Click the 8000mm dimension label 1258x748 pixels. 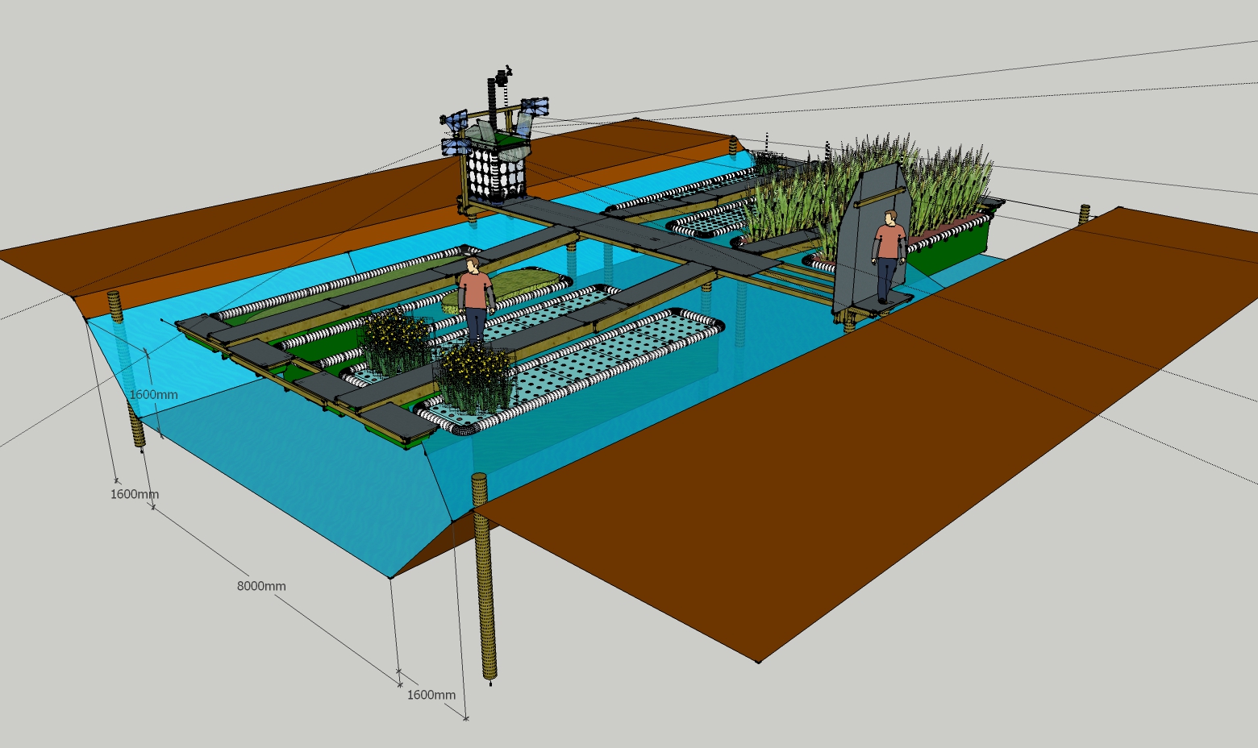(x=261, y=586)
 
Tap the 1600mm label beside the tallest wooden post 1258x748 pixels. (x=431, y=695)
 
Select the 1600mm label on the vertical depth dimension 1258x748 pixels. (x=153, y=394)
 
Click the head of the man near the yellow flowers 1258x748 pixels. (x=473, y=264)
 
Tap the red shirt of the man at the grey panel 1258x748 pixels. (x=889, y=241)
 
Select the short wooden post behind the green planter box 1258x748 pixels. (x=1085, y=214)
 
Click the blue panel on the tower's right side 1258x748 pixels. (x=535, y=106)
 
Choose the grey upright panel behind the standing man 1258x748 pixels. (x=869, y=239)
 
